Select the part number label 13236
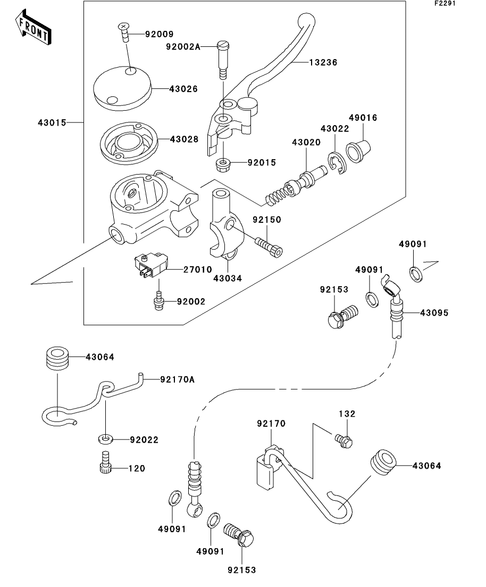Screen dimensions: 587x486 click(324, 62)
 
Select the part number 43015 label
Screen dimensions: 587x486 click(52, 122)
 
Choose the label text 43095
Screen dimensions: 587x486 click(434, 313)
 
